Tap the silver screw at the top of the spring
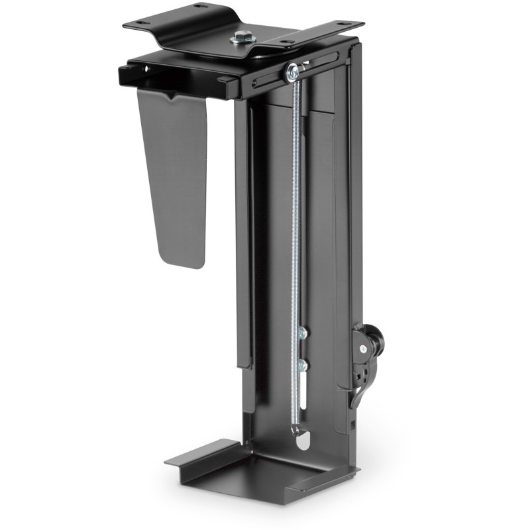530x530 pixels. [291, 72]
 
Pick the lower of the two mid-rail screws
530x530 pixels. [303, 364]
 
